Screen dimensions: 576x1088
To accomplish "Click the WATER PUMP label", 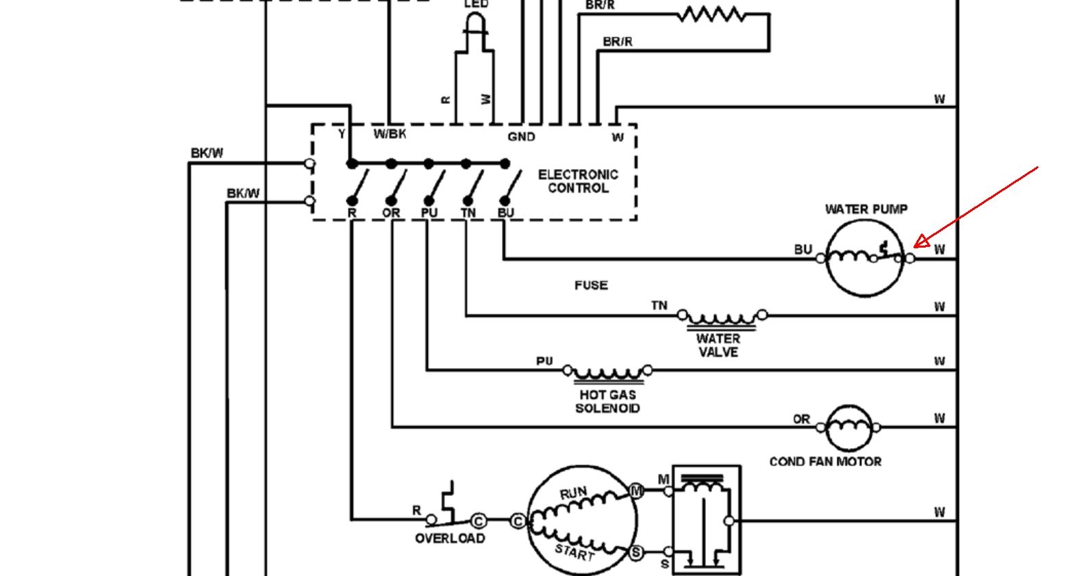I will (x=865, y=209).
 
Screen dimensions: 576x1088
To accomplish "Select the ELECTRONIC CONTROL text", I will (x=578, y=181).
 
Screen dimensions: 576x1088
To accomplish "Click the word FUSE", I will (x=591, y=285).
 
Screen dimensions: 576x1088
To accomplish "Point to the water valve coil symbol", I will (x=722, y=317).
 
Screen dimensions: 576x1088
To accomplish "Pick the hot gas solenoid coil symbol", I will (x=607, y=373).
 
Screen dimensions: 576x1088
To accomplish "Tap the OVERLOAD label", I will (x=450, y=538).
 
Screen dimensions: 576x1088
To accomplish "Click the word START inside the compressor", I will (x=574, y=551).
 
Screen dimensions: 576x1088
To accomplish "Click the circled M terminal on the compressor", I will (x=636, y=490).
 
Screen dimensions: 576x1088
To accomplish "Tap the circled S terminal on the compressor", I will (x=636, y=552).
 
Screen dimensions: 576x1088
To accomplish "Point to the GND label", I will (x=521, y=137).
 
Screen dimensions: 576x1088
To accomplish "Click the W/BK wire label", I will (x=389, y=134).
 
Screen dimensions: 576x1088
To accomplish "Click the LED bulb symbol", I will (x=474, y=27).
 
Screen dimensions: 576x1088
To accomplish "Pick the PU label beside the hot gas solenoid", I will (x=544, y=361).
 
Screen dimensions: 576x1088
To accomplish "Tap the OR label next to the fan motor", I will (x=801, y=419).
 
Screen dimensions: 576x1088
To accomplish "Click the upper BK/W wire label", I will (x=207, y=153).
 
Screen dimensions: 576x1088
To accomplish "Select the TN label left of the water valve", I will (x=659, y=305).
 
